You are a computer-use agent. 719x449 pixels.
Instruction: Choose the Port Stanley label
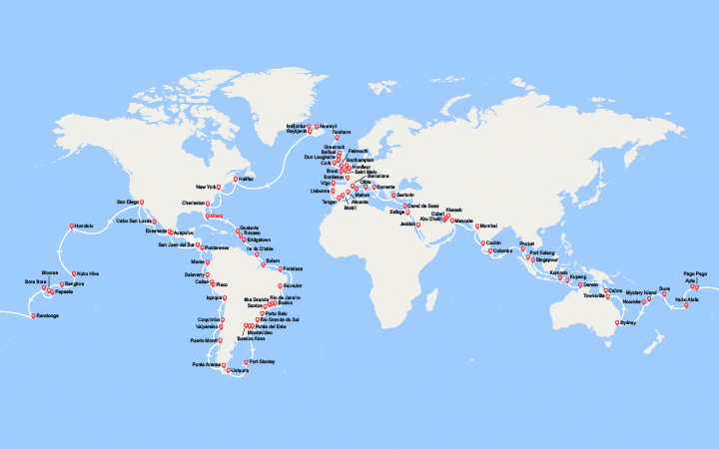pos(263,360)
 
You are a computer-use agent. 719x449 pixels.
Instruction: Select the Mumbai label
pos(487,224)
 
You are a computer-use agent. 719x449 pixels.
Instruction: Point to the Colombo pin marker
pos(489,250)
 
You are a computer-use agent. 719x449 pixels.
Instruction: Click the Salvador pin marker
pos(281,285)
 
